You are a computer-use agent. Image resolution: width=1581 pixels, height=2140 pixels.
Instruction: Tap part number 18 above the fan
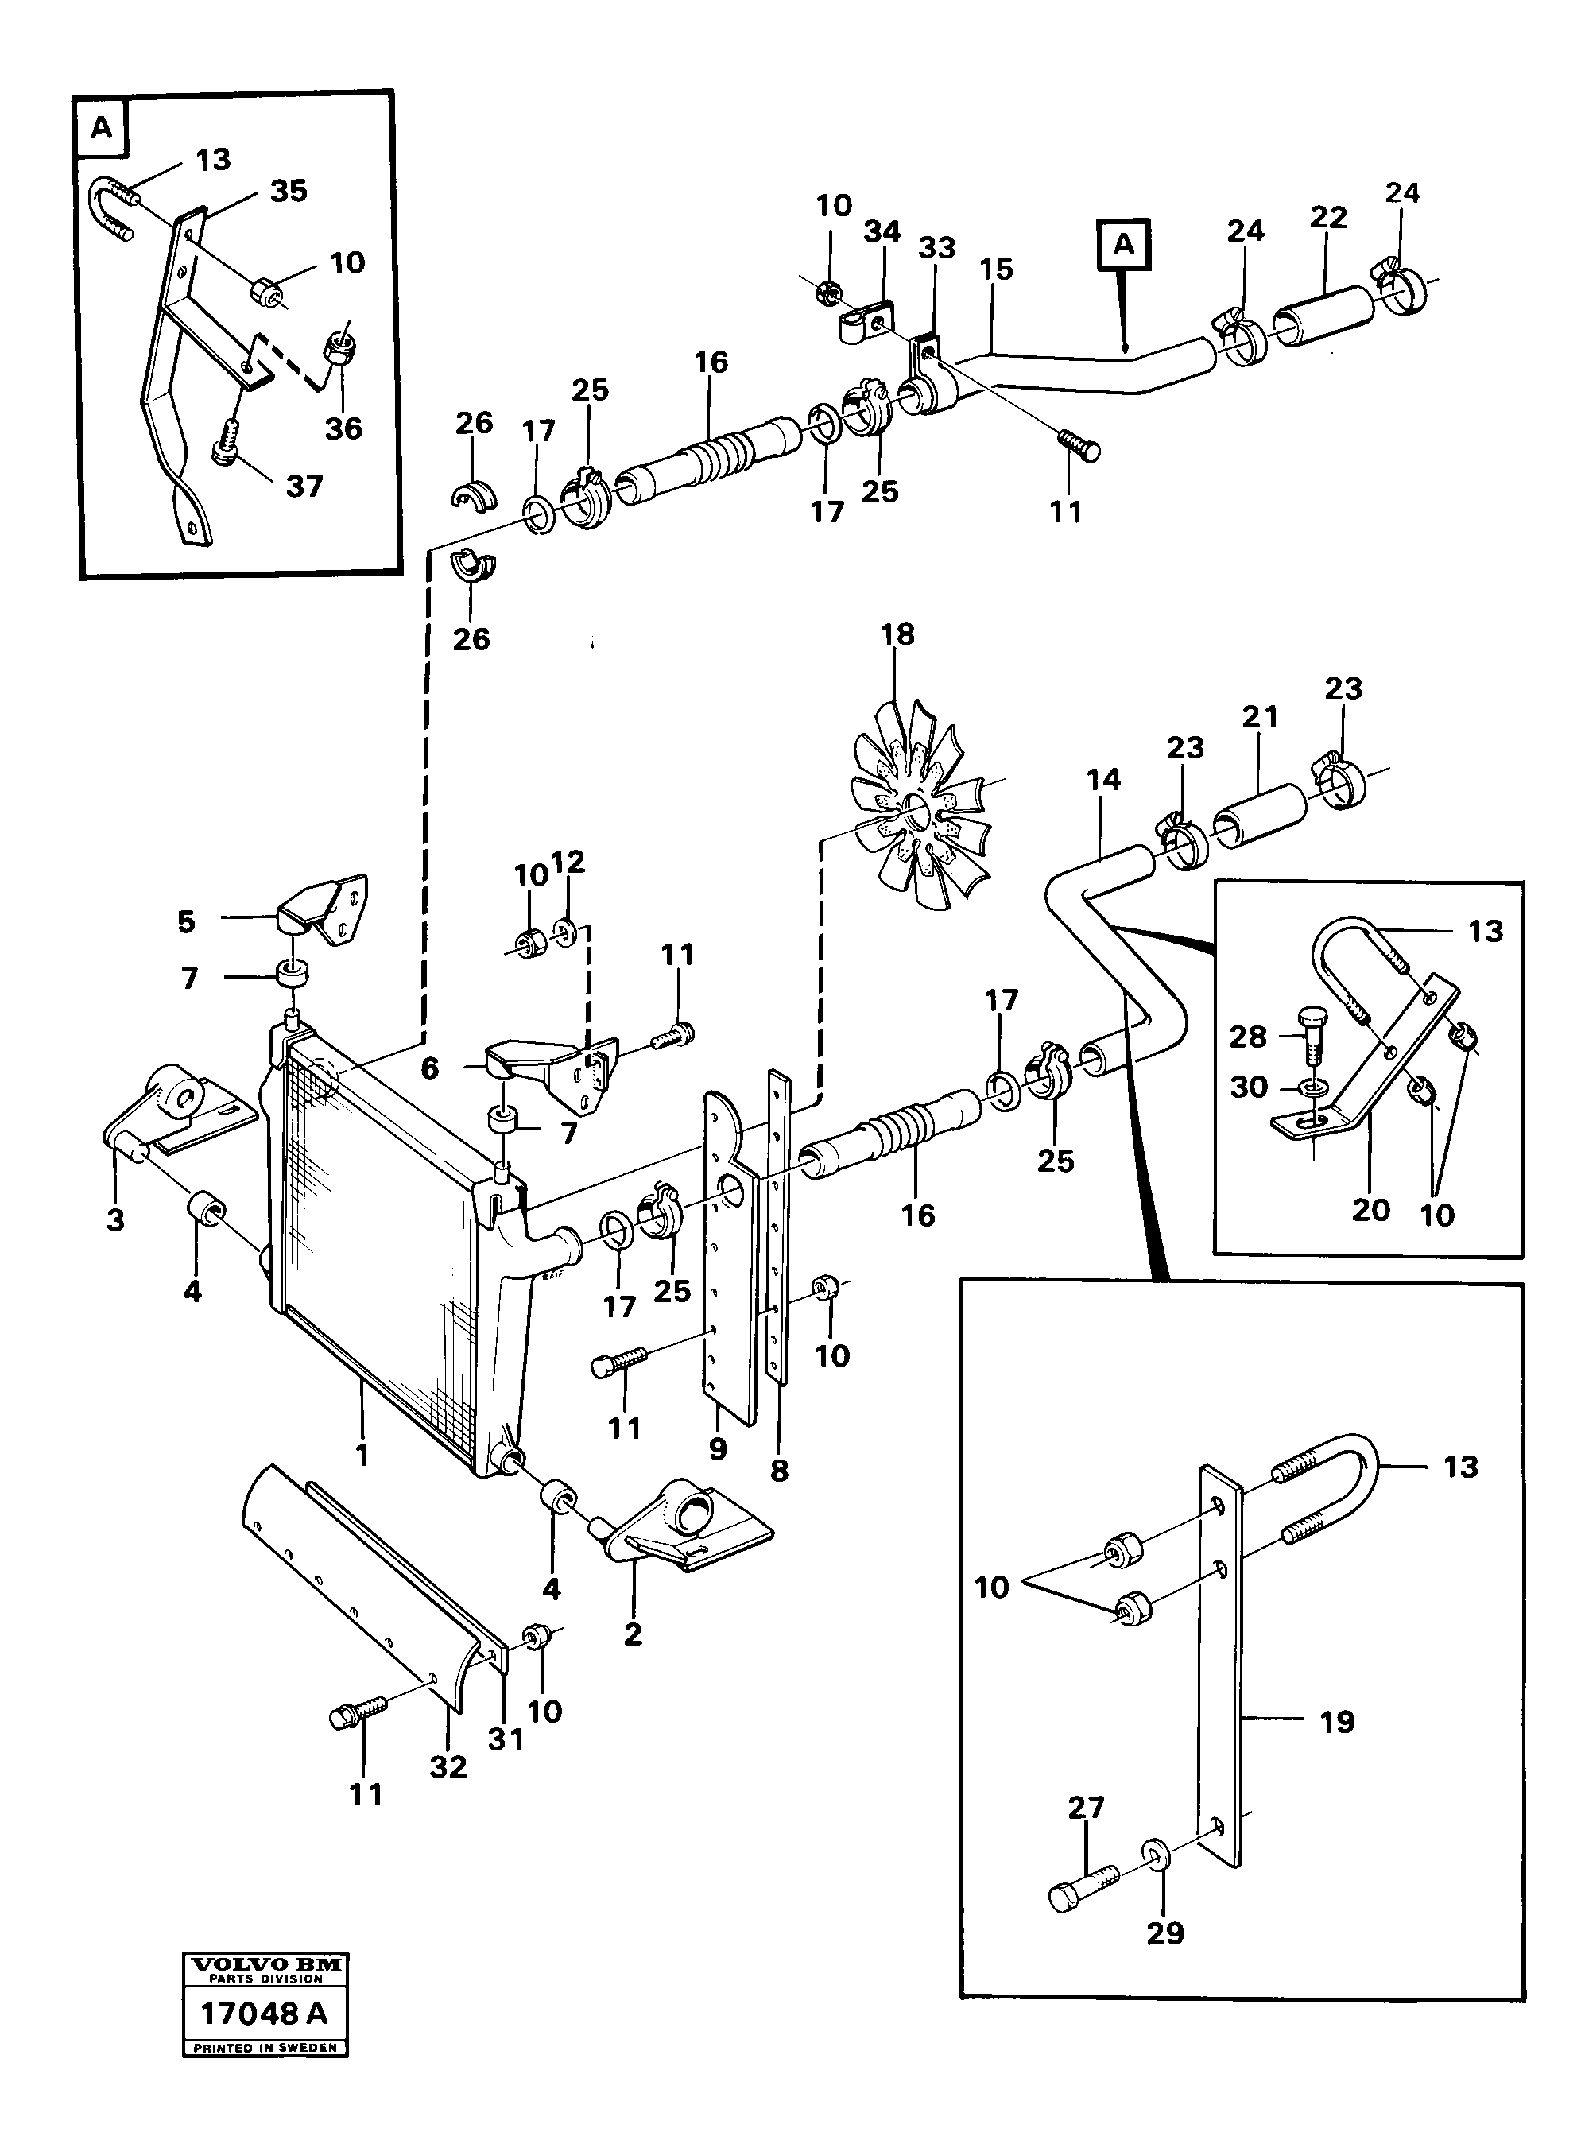[x=897, y=634]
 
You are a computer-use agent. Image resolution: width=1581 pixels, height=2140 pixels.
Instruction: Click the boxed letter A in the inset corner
[x=102, y=127]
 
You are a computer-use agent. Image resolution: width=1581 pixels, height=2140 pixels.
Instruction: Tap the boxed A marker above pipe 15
[x=1125, y=245]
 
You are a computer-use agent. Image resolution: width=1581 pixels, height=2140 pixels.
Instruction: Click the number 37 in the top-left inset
[x=304, y=487]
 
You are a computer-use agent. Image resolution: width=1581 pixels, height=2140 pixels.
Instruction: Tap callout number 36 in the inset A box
[x=343, y=428]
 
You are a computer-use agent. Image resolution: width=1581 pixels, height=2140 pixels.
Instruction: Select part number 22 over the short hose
[x=1329, y=217]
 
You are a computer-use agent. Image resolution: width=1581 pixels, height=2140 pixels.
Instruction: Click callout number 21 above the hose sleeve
[x=1261, y=717]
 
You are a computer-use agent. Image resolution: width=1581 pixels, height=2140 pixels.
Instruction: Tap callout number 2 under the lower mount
[x=633, y=1634]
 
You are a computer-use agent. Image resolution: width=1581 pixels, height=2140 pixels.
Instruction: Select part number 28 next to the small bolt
[x=1249, y=1037]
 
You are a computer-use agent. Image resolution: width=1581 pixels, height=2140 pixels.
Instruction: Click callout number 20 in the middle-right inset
[x=1370, y=1210]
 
